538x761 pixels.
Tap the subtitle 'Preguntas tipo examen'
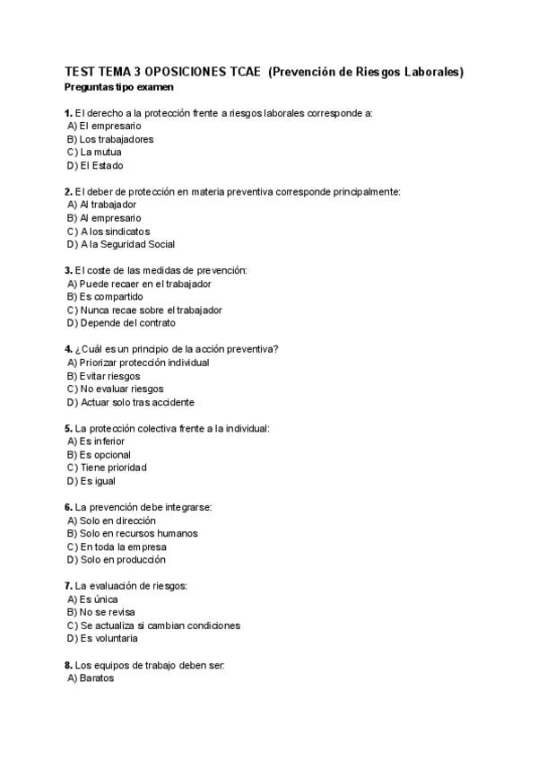coord(119,87)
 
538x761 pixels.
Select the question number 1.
coord(68,113)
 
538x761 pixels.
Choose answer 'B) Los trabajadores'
coord(109,139)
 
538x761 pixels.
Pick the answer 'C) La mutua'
coord(93,153)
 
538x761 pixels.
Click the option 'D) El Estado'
coord(94,165)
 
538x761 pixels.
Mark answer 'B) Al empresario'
coord(103,218)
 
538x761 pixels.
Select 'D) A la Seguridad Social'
coord(120,244)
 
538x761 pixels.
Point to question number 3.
coord(68,270)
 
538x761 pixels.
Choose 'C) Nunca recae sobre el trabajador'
coord(143,310)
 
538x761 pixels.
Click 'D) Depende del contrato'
coord(120,323)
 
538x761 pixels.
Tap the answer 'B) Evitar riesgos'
coord(103,376)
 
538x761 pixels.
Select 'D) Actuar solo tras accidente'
coord(130,402)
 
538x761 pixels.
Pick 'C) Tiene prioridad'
coord(106,468)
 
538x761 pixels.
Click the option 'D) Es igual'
coord(91,481)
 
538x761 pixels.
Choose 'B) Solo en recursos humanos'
coord(132,533)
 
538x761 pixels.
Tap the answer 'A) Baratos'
coord(91,678)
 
